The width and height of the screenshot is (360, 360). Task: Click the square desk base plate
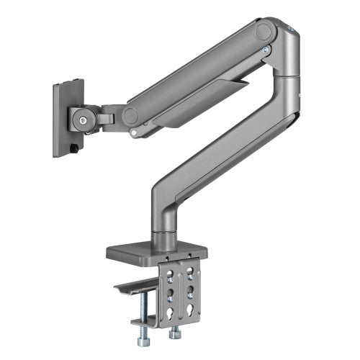[156, 253]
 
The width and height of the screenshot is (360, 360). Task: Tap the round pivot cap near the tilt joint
[130, 115]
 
